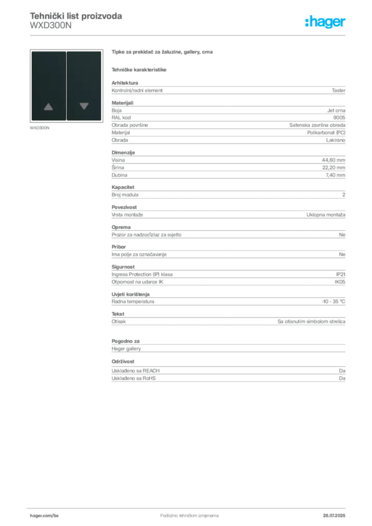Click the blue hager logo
tap(326, 22)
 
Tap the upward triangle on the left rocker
tap(48, 107)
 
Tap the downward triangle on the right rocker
tap(84, 106)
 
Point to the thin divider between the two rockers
tap(66, 85)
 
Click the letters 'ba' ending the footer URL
tap(56, 515)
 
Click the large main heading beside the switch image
tap(162, 52)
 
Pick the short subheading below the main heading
tap(140, 69)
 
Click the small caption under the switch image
tap(41, 128)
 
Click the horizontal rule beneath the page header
tap(189, 35)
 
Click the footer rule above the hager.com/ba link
tap(189, 507)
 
